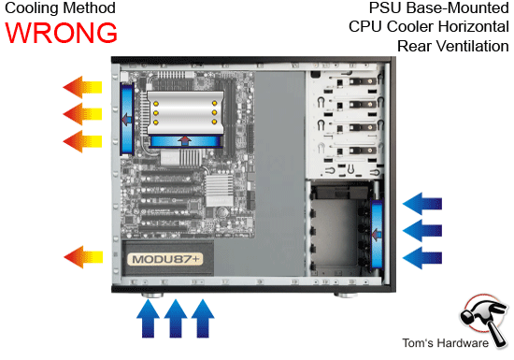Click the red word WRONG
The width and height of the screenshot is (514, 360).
click(61, 32)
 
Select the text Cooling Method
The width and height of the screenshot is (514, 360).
click(59, 8)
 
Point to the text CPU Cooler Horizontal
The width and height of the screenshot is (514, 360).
click(421, 27)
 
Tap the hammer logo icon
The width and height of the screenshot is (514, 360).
click(483, 315)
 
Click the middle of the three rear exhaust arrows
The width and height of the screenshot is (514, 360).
click(83, 115)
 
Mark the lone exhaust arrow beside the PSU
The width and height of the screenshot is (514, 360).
click(83, 253)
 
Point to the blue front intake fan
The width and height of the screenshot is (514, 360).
click(378, 229)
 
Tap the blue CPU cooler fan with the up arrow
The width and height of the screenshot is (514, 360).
click(184, 141)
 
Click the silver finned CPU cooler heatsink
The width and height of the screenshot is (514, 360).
click(184, 111)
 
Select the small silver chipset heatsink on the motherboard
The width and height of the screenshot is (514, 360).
click(216, 192)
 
